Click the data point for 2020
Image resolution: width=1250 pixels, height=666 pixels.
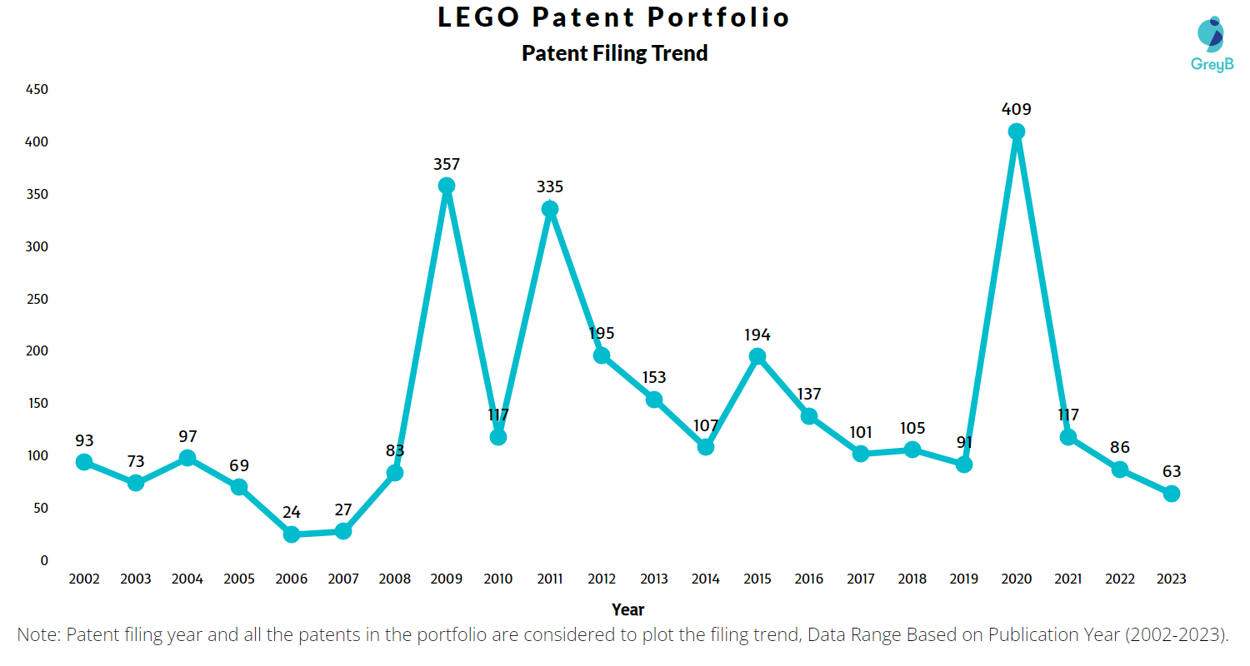pyautogui.click(x=1016, y=132)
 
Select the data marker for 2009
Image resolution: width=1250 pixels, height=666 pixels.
pyautogui.click(x=447, y=186)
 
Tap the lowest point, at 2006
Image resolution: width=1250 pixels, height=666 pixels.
pyautogui.click(x=291, y=534)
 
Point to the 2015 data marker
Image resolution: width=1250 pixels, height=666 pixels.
pyautogui.click(x=757, y=356)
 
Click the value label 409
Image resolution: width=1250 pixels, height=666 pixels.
pyautogui.click(x=1016, y=109)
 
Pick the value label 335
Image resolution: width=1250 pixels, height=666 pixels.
pyautogui.click(x=550, y=187)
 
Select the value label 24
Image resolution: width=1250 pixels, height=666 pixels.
pyautogui.click(x=291, y=512)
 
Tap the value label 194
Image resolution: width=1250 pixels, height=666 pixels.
pyautogui.click(x=757, y=335)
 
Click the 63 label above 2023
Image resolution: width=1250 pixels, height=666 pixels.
pyautogui.click(x=1171, y=472)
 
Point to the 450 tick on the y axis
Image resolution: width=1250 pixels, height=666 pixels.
pyautogui.click(x=37, y=90)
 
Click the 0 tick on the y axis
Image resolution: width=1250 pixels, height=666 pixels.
pyautogui.click(x=44, y=560)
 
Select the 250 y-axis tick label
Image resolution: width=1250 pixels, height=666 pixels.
pyautogui.click(x=37, y=299)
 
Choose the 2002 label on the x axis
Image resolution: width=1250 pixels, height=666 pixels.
pyautogui.click(x=83, y=579)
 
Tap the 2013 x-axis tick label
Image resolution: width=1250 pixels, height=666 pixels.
pyautogui.click(x=653, y=579)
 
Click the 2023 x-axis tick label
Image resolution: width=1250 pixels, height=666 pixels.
pyautogui.click(x=1171, y=579)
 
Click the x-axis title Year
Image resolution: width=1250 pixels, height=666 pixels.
pyautogui.click(x=627, y=609)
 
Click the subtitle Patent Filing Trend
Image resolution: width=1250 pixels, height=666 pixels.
pyautogui.click(x=614, y=53)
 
